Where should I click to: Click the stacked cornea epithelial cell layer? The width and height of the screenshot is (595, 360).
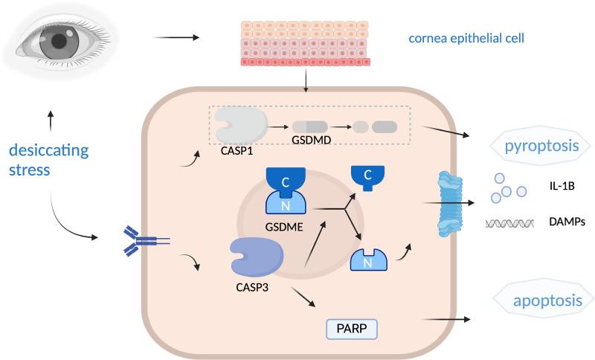[305, 42]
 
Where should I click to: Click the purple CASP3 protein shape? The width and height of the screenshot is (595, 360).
[257, 257]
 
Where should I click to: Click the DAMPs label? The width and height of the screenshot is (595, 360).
[567, 222]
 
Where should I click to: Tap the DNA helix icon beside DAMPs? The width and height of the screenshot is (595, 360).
[511, 222]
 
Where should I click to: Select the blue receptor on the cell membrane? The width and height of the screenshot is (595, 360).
[140, 240]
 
